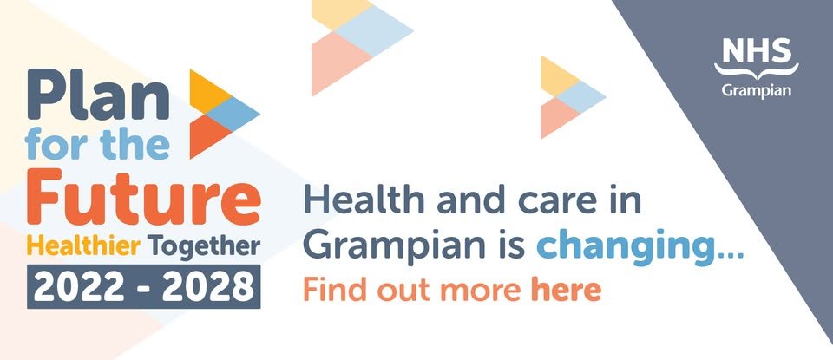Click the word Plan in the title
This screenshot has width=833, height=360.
coord(98,96)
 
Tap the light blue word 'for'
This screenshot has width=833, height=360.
coord(56,144)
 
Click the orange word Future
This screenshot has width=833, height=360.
coord(143,196)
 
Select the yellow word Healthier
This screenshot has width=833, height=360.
coord(83,246)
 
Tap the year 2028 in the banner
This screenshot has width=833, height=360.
coord(207,287)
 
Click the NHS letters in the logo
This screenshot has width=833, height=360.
coord(757,51)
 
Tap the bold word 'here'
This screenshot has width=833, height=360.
coord(566,291)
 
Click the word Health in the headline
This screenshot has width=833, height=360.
coord(364,201)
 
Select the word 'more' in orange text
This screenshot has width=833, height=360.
coord(480,293)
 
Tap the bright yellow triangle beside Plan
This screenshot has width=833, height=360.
coord(207,91)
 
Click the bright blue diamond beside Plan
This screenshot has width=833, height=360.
coord(233,114)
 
